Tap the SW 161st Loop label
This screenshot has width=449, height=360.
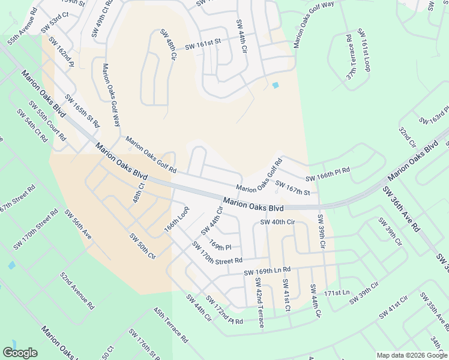[364, 49]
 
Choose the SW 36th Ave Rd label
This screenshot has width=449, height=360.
[401, 208]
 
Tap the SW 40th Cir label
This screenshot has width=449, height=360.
[277, 222]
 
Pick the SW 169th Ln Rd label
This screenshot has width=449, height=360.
[267, 271]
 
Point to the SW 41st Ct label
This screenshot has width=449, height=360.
[286, 295]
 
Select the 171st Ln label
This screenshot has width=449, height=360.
[336, 292]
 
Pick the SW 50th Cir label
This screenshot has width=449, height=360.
[142, 245]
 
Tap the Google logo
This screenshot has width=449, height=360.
[20, 353]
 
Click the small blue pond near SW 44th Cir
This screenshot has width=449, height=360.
[275, 85]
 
